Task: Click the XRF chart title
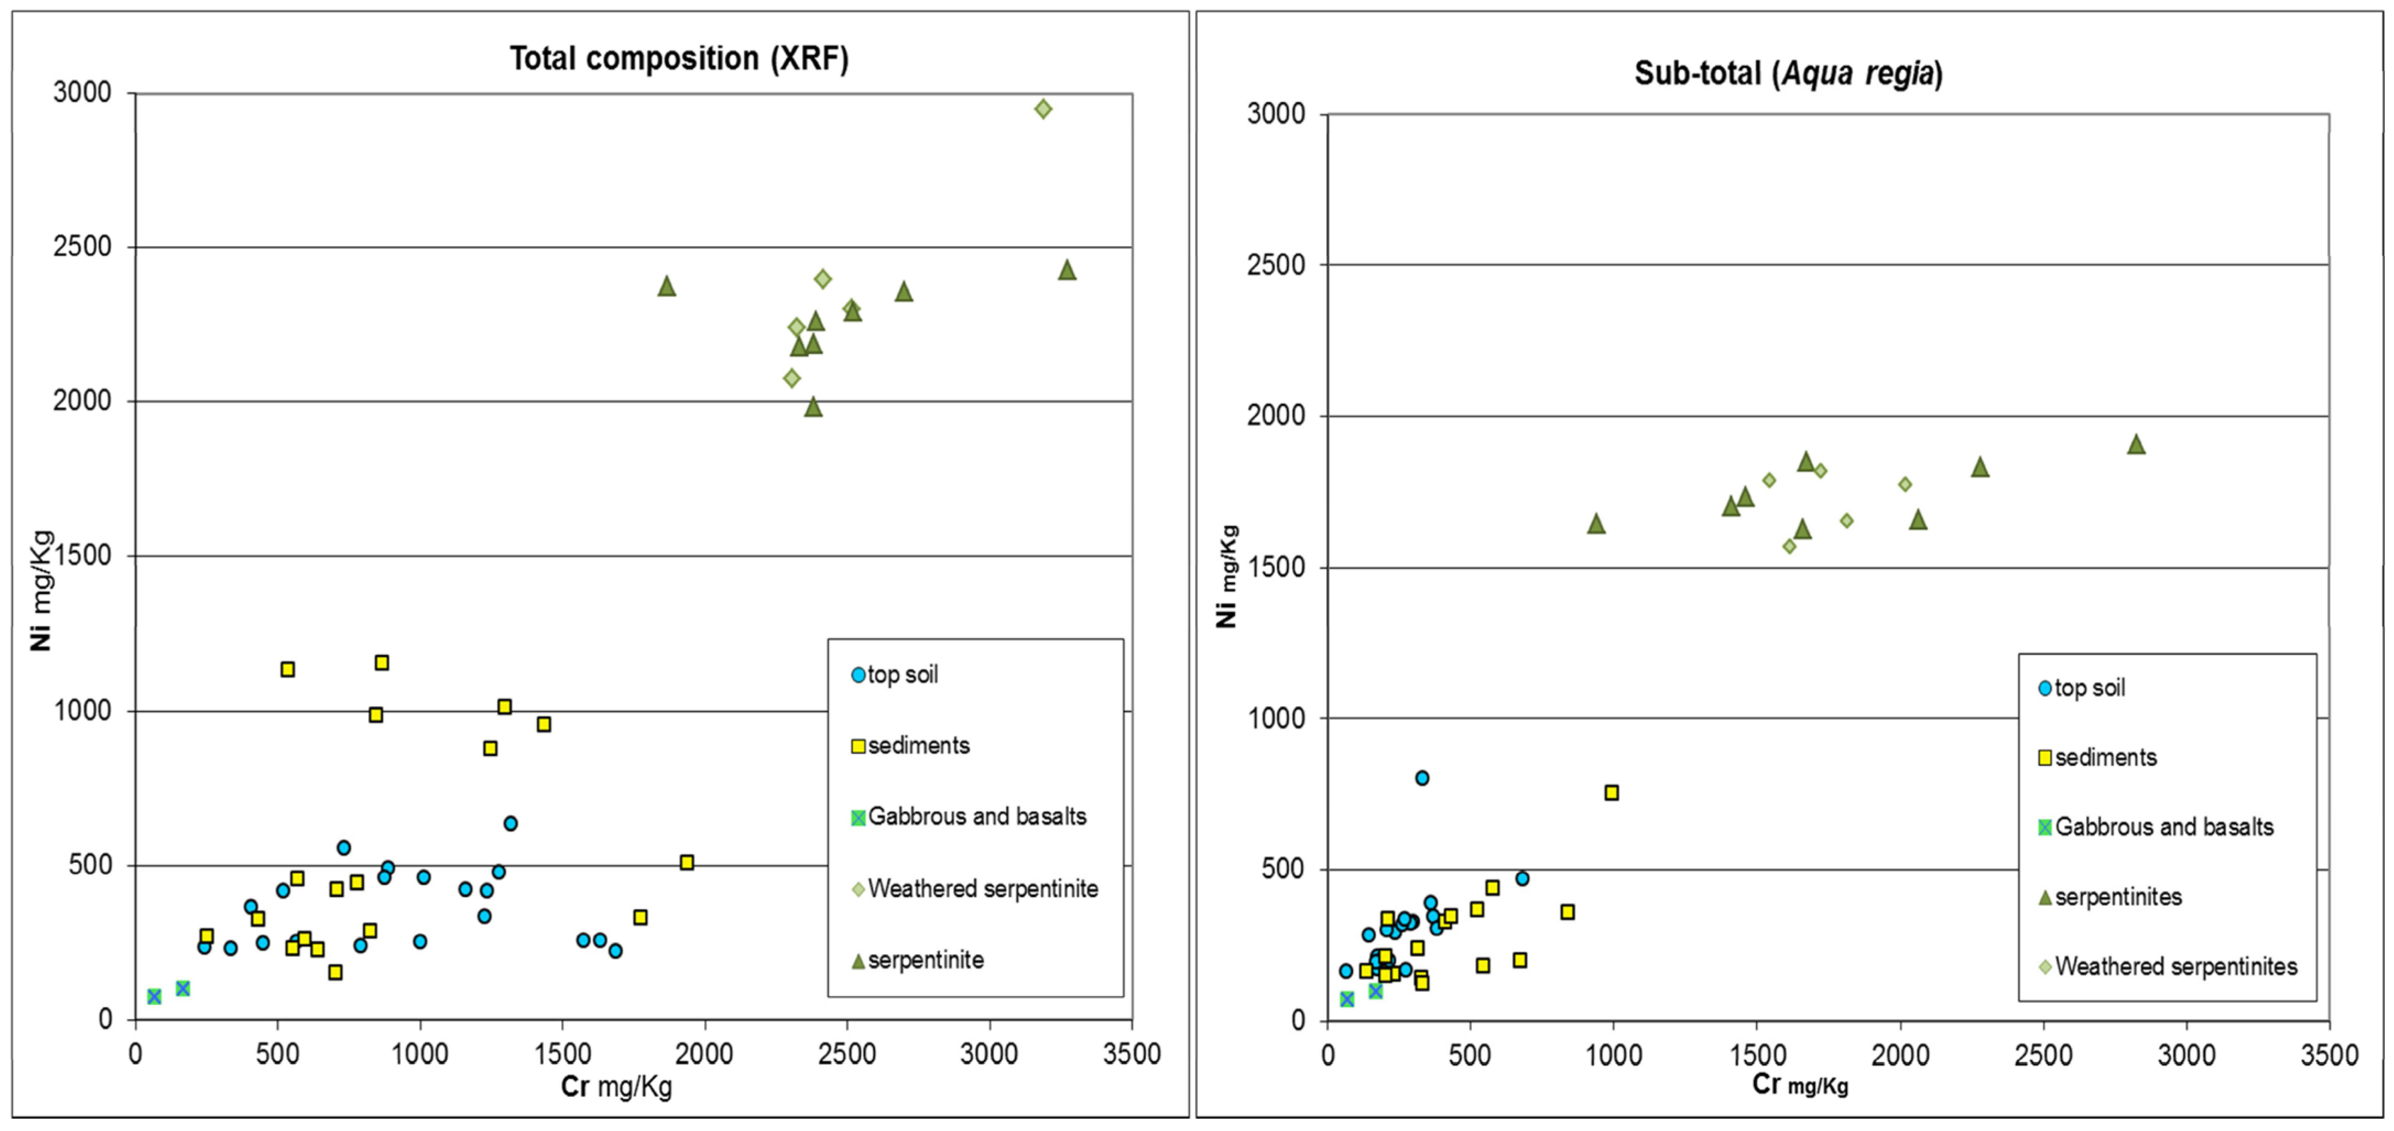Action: click(x=678, y=58)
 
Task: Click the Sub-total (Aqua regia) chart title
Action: click(x=1788, y=73)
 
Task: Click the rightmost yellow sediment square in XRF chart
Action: click(x=687, y=862)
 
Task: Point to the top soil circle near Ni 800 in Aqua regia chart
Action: click(x=1422, y=778)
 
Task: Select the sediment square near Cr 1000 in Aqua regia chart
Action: click(x=1612, y=793)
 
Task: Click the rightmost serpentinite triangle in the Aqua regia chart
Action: click(x=2136, y=445)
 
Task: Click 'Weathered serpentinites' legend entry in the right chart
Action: click(x=2175, y=966)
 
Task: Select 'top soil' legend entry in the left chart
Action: click(x=901, y=675)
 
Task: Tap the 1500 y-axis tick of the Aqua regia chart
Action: click(x=1276, y=567)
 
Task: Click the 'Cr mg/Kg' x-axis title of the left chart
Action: click(x=616, y=1086)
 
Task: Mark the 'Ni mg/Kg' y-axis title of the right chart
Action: click(x=1227, y=576)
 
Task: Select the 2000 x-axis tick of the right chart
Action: click(x=1901, y=1056)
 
